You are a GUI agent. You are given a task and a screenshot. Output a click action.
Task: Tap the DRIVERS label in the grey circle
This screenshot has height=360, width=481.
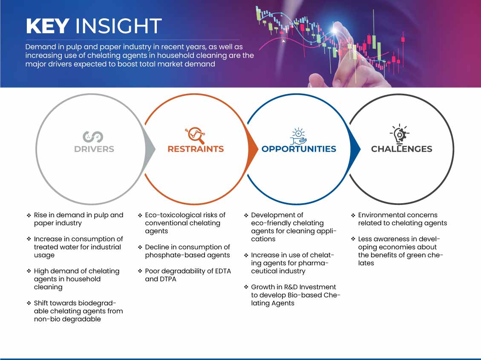[94, 149]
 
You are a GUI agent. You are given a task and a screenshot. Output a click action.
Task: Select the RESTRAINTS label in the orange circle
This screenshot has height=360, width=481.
[196, 149]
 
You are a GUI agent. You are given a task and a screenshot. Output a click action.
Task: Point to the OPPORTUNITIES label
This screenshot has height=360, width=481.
[299, 149]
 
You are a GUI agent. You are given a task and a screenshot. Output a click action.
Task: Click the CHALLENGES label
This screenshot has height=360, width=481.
[402, 149]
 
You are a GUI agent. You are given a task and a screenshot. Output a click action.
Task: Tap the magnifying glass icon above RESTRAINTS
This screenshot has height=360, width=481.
[195, 135]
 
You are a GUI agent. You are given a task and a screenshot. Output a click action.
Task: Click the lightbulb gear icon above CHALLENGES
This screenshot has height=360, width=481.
[400, 134]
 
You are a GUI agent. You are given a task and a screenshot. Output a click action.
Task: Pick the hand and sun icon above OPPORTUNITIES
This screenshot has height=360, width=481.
[299, 136]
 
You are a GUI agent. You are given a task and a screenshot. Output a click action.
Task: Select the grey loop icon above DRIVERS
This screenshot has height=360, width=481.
[92, 137]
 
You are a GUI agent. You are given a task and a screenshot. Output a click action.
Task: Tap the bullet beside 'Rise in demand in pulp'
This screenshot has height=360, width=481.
[29, 215]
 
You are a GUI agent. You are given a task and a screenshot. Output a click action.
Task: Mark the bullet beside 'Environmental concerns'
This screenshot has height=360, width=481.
[353, 215]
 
